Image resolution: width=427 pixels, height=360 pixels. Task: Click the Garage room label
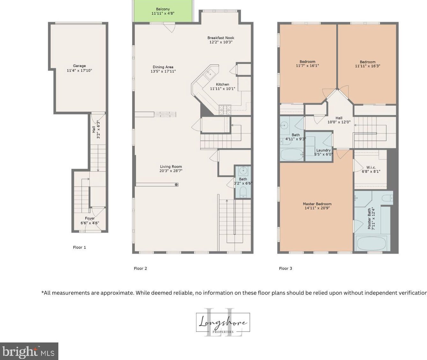79,66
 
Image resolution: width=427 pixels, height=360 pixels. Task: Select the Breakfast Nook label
221,38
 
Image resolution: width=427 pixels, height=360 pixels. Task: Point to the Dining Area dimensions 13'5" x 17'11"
163,71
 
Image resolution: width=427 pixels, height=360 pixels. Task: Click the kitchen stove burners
225,109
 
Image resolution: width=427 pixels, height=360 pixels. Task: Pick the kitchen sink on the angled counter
210,74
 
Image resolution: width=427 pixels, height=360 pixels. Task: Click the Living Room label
171,166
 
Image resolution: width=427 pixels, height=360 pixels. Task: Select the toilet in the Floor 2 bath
243,192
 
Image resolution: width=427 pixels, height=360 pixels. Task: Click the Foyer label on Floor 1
90,218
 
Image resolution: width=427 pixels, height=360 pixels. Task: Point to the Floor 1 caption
79,247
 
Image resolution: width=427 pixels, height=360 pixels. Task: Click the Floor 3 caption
285,268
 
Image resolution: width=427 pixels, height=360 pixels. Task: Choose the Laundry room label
323,150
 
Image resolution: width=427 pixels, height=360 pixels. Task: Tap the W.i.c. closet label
371,167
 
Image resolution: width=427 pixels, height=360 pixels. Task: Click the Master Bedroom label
317,204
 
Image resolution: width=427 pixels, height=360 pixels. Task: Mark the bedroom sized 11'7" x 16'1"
307,64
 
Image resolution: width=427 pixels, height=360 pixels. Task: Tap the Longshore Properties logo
223,323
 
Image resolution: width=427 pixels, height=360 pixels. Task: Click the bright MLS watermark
29,351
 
